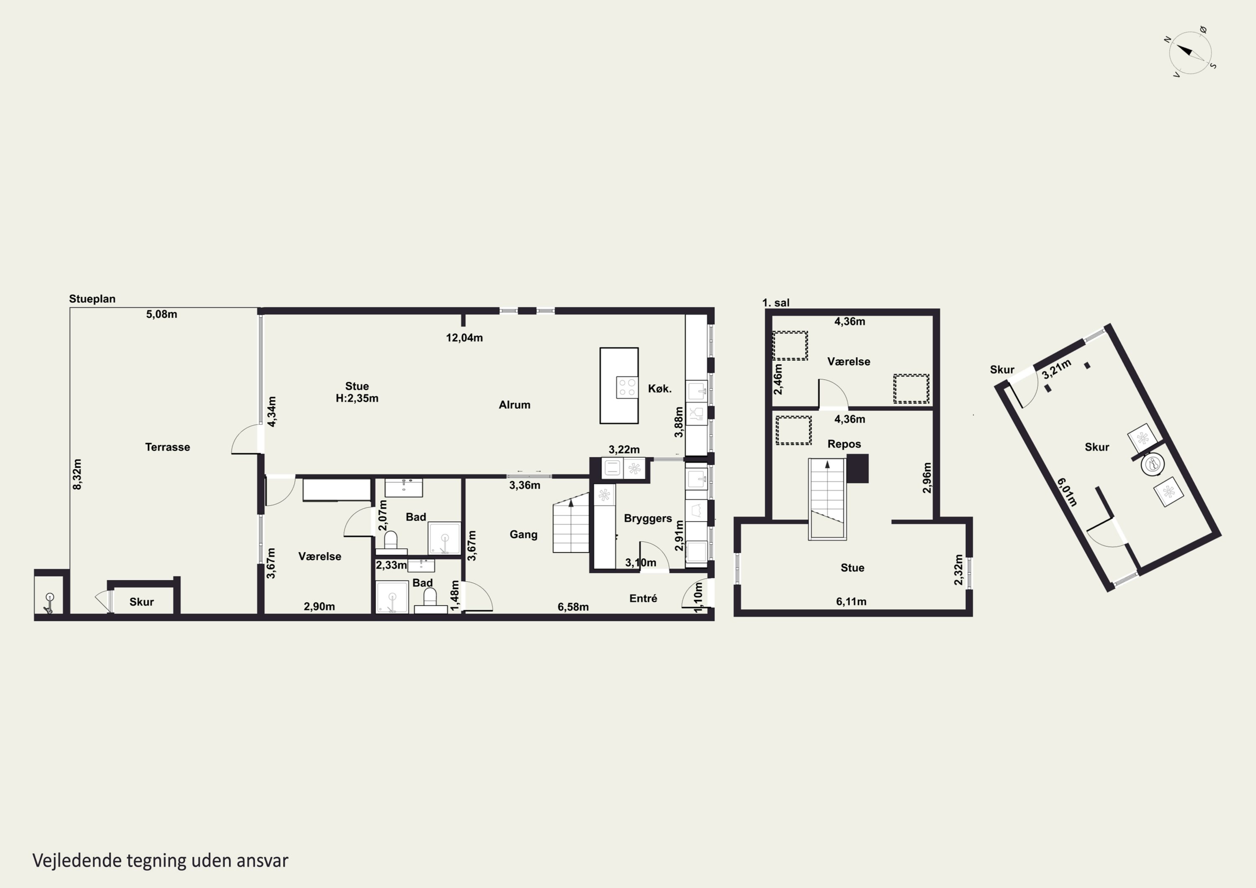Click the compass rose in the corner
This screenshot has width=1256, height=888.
[x=1190, y=52]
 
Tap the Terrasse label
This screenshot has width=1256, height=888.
[x=167, y=447]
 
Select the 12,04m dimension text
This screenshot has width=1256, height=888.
[x=464, y=337]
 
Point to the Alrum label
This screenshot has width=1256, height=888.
[x=514, y=405]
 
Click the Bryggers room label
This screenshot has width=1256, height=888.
[x=648, y=518]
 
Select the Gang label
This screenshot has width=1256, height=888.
[x=523, y=535]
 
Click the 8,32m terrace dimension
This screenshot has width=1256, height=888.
[x=77, y=474]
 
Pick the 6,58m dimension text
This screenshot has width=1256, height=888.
[x=573, y=607]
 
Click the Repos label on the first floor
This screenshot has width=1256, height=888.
[x=844, y=444]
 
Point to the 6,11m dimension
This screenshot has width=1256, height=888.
[x=851, y=601]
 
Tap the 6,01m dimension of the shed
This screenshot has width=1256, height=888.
[x=1067, y=492]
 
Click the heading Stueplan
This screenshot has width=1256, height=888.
[x=92, y=299]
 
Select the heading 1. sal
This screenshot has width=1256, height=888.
[x=776, y=303]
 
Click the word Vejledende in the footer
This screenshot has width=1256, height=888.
[x=77, y=861]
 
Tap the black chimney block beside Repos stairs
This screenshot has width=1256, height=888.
[x=857, y=468]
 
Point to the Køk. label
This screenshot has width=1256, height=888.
[x=660, y=389]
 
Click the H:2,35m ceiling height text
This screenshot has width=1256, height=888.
[x=357, y=398]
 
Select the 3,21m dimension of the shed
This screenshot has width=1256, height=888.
[x=1056, y=369]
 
